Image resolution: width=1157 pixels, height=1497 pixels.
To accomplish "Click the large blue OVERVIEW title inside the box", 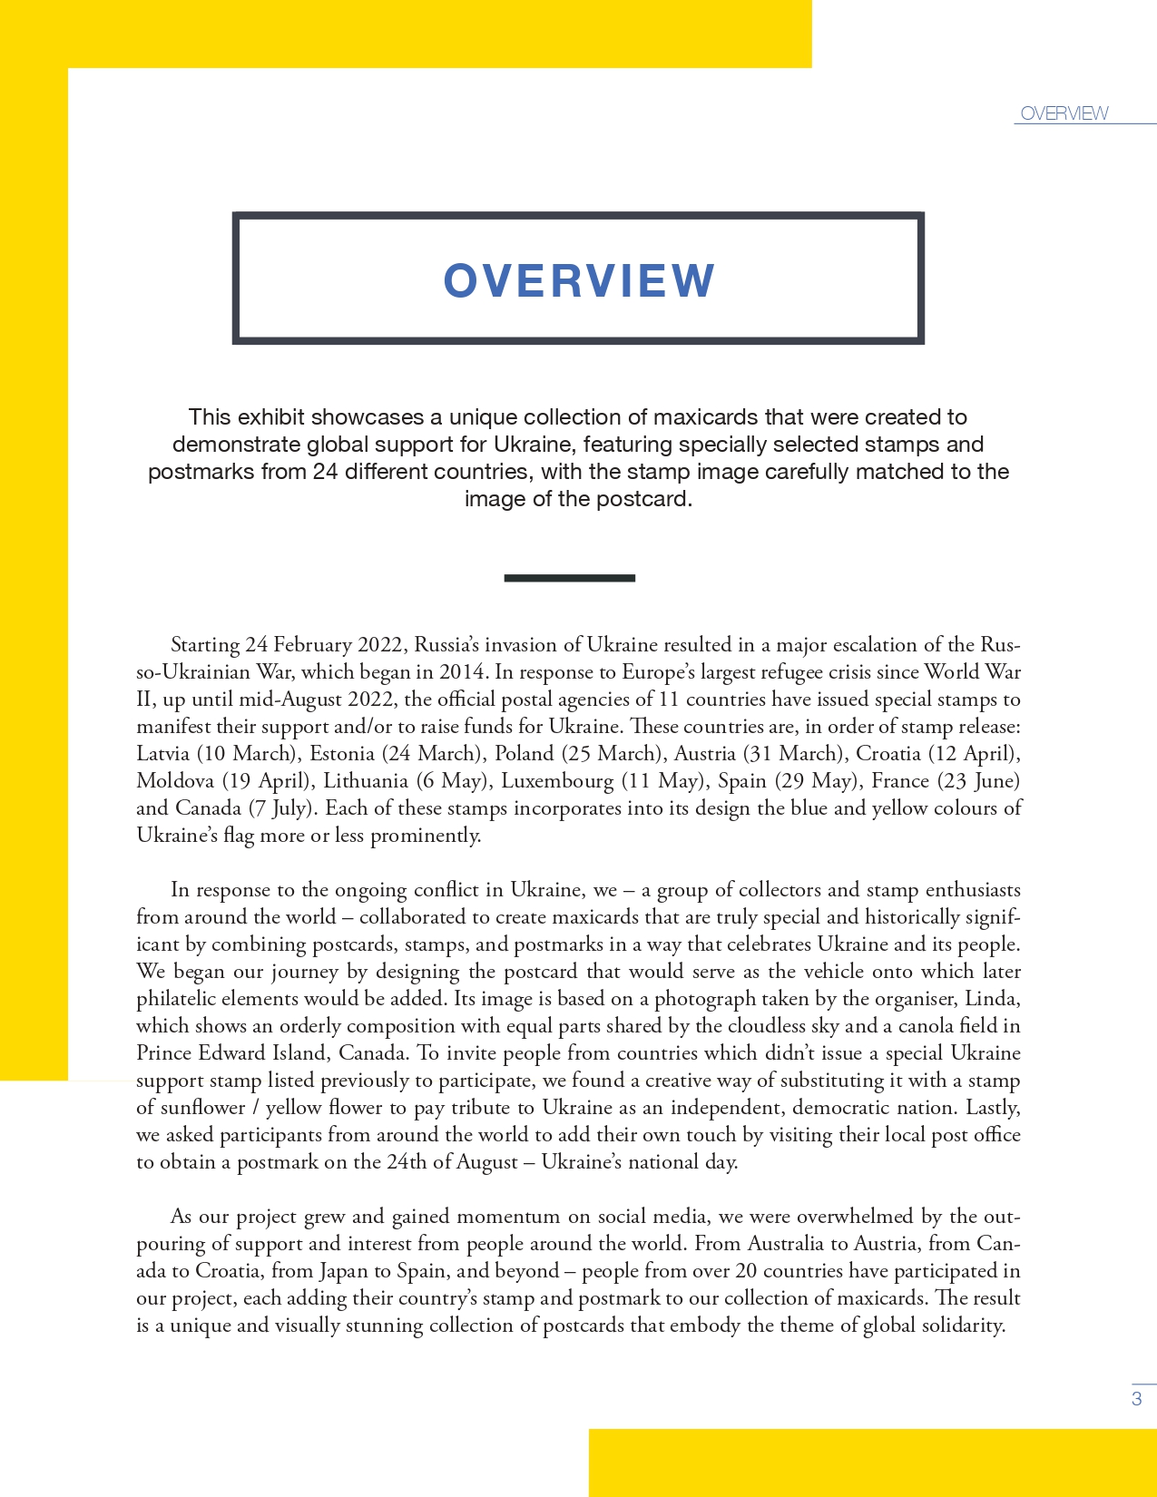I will pos(579,280).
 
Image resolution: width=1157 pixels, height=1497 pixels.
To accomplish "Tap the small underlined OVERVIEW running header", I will pos(1064,113).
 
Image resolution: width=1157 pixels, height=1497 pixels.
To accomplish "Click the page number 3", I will pos(1136,1398).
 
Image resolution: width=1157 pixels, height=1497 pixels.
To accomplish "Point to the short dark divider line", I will pos(569,578).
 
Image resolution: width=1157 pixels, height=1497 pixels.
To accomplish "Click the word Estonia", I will pos(342,753).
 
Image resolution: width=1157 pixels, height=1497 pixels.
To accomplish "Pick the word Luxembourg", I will pos(557,780).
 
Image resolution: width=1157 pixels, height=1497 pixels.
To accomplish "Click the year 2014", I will pos(462,671).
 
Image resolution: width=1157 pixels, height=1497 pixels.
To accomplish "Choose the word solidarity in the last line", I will pos(964,1325).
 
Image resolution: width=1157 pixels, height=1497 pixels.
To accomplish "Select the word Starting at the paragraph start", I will pos(205,644).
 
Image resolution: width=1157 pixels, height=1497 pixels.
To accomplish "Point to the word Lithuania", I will pos(366,780).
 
